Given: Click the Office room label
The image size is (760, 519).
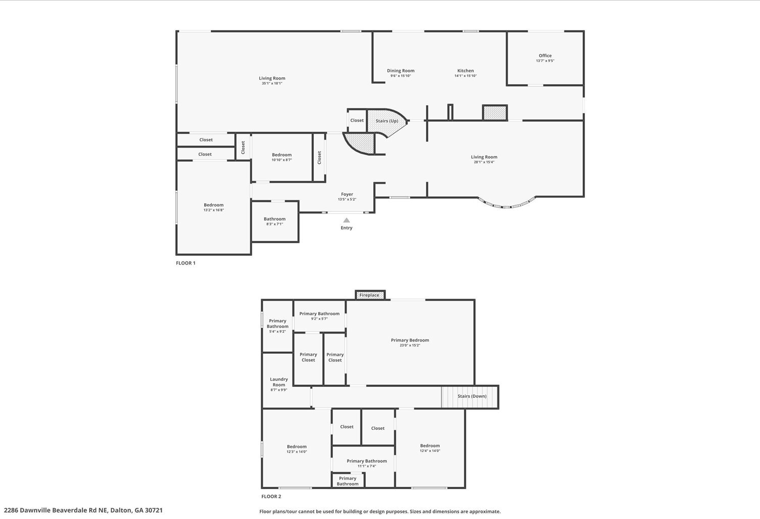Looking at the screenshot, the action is click(545, 56).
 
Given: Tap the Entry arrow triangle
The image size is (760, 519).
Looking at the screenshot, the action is click(347, 220).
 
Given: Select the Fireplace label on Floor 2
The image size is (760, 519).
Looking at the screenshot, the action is click(369, 295).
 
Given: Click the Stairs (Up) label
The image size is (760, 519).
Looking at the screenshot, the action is click(387, 121).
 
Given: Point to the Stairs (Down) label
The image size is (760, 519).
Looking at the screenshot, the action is click(472, 396).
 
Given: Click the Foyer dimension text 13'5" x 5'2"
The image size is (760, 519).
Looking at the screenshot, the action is click(347, 199).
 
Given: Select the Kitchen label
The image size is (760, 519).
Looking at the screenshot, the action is click(466, 70).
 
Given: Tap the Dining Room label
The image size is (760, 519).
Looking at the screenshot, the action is click(401, 70).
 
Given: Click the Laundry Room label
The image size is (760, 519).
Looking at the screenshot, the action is click(279, 382).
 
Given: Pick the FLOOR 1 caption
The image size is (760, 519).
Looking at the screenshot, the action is click(185, 263).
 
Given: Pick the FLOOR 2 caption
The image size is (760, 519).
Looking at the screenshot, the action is click(271, 496).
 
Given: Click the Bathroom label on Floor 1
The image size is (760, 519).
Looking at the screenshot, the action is click(275, 219).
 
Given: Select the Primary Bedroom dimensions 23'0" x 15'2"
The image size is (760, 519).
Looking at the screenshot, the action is click(410, 345).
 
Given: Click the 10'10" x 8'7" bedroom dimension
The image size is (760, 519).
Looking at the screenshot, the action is click(282, 160).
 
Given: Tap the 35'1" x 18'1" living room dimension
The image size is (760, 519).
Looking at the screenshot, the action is click(272, 83).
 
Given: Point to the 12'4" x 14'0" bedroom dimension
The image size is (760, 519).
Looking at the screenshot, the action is click(430, 451).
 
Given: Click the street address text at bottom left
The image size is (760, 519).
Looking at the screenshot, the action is click(83, 510).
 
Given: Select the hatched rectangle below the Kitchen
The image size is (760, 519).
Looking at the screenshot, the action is click(495, 113).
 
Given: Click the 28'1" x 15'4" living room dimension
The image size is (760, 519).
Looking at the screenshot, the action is click(484, 162).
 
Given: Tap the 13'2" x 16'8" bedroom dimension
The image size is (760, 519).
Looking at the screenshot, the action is click(213, 210).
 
